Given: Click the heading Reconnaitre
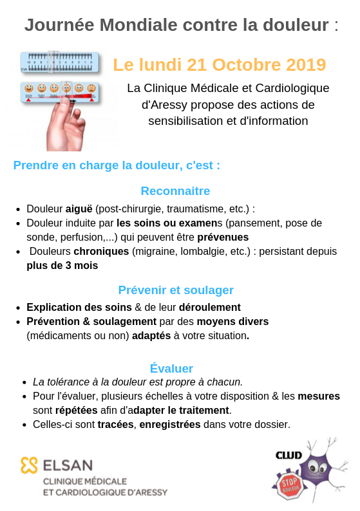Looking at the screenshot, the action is click(175, 190).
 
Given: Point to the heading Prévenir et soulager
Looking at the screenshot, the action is click(175, 290).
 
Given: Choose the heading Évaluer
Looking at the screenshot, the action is click(171, 368).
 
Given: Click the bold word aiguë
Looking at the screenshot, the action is click(79, 209).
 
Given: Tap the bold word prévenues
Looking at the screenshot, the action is click(223, 237).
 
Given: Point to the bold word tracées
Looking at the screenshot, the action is click(115, 424).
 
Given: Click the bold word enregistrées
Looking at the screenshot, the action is click(169, 424).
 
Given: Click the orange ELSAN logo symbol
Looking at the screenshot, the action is click(30, 465).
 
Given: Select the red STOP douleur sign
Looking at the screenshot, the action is click(290, 485).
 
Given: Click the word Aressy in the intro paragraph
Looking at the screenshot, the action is click(171, 104).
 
